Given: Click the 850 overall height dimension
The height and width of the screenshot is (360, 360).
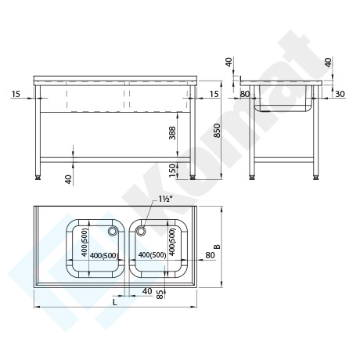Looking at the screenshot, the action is coord(218,130).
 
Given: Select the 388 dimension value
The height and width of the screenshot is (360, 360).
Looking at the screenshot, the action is coord(172,133).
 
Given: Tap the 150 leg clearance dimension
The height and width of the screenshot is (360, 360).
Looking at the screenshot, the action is coord(172,171).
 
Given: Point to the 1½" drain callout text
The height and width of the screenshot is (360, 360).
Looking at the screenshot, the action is coord(166,200).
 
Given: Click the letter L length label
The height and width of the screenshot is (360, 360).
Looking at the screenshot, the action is coord(114,302).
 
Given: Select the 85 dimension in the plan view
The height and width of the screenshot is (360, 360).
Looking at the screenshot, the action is coord(160,294).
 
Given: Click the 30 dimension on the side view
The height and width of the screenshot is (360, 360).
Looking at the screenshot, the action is coord(340,94).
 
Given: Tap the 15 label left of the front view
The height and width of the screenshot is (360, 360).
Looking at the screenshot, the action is coord(16,94).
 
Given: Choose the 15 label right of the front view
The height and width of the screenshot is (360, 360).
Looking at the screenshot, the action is coord(214,94).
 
